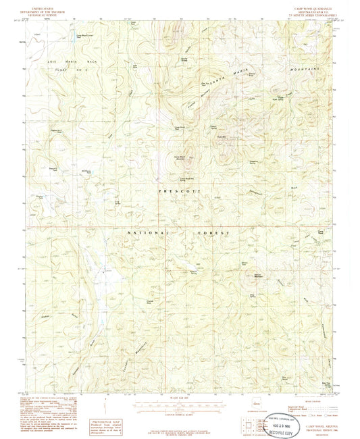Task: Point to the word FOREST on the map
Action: [215, 232]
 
